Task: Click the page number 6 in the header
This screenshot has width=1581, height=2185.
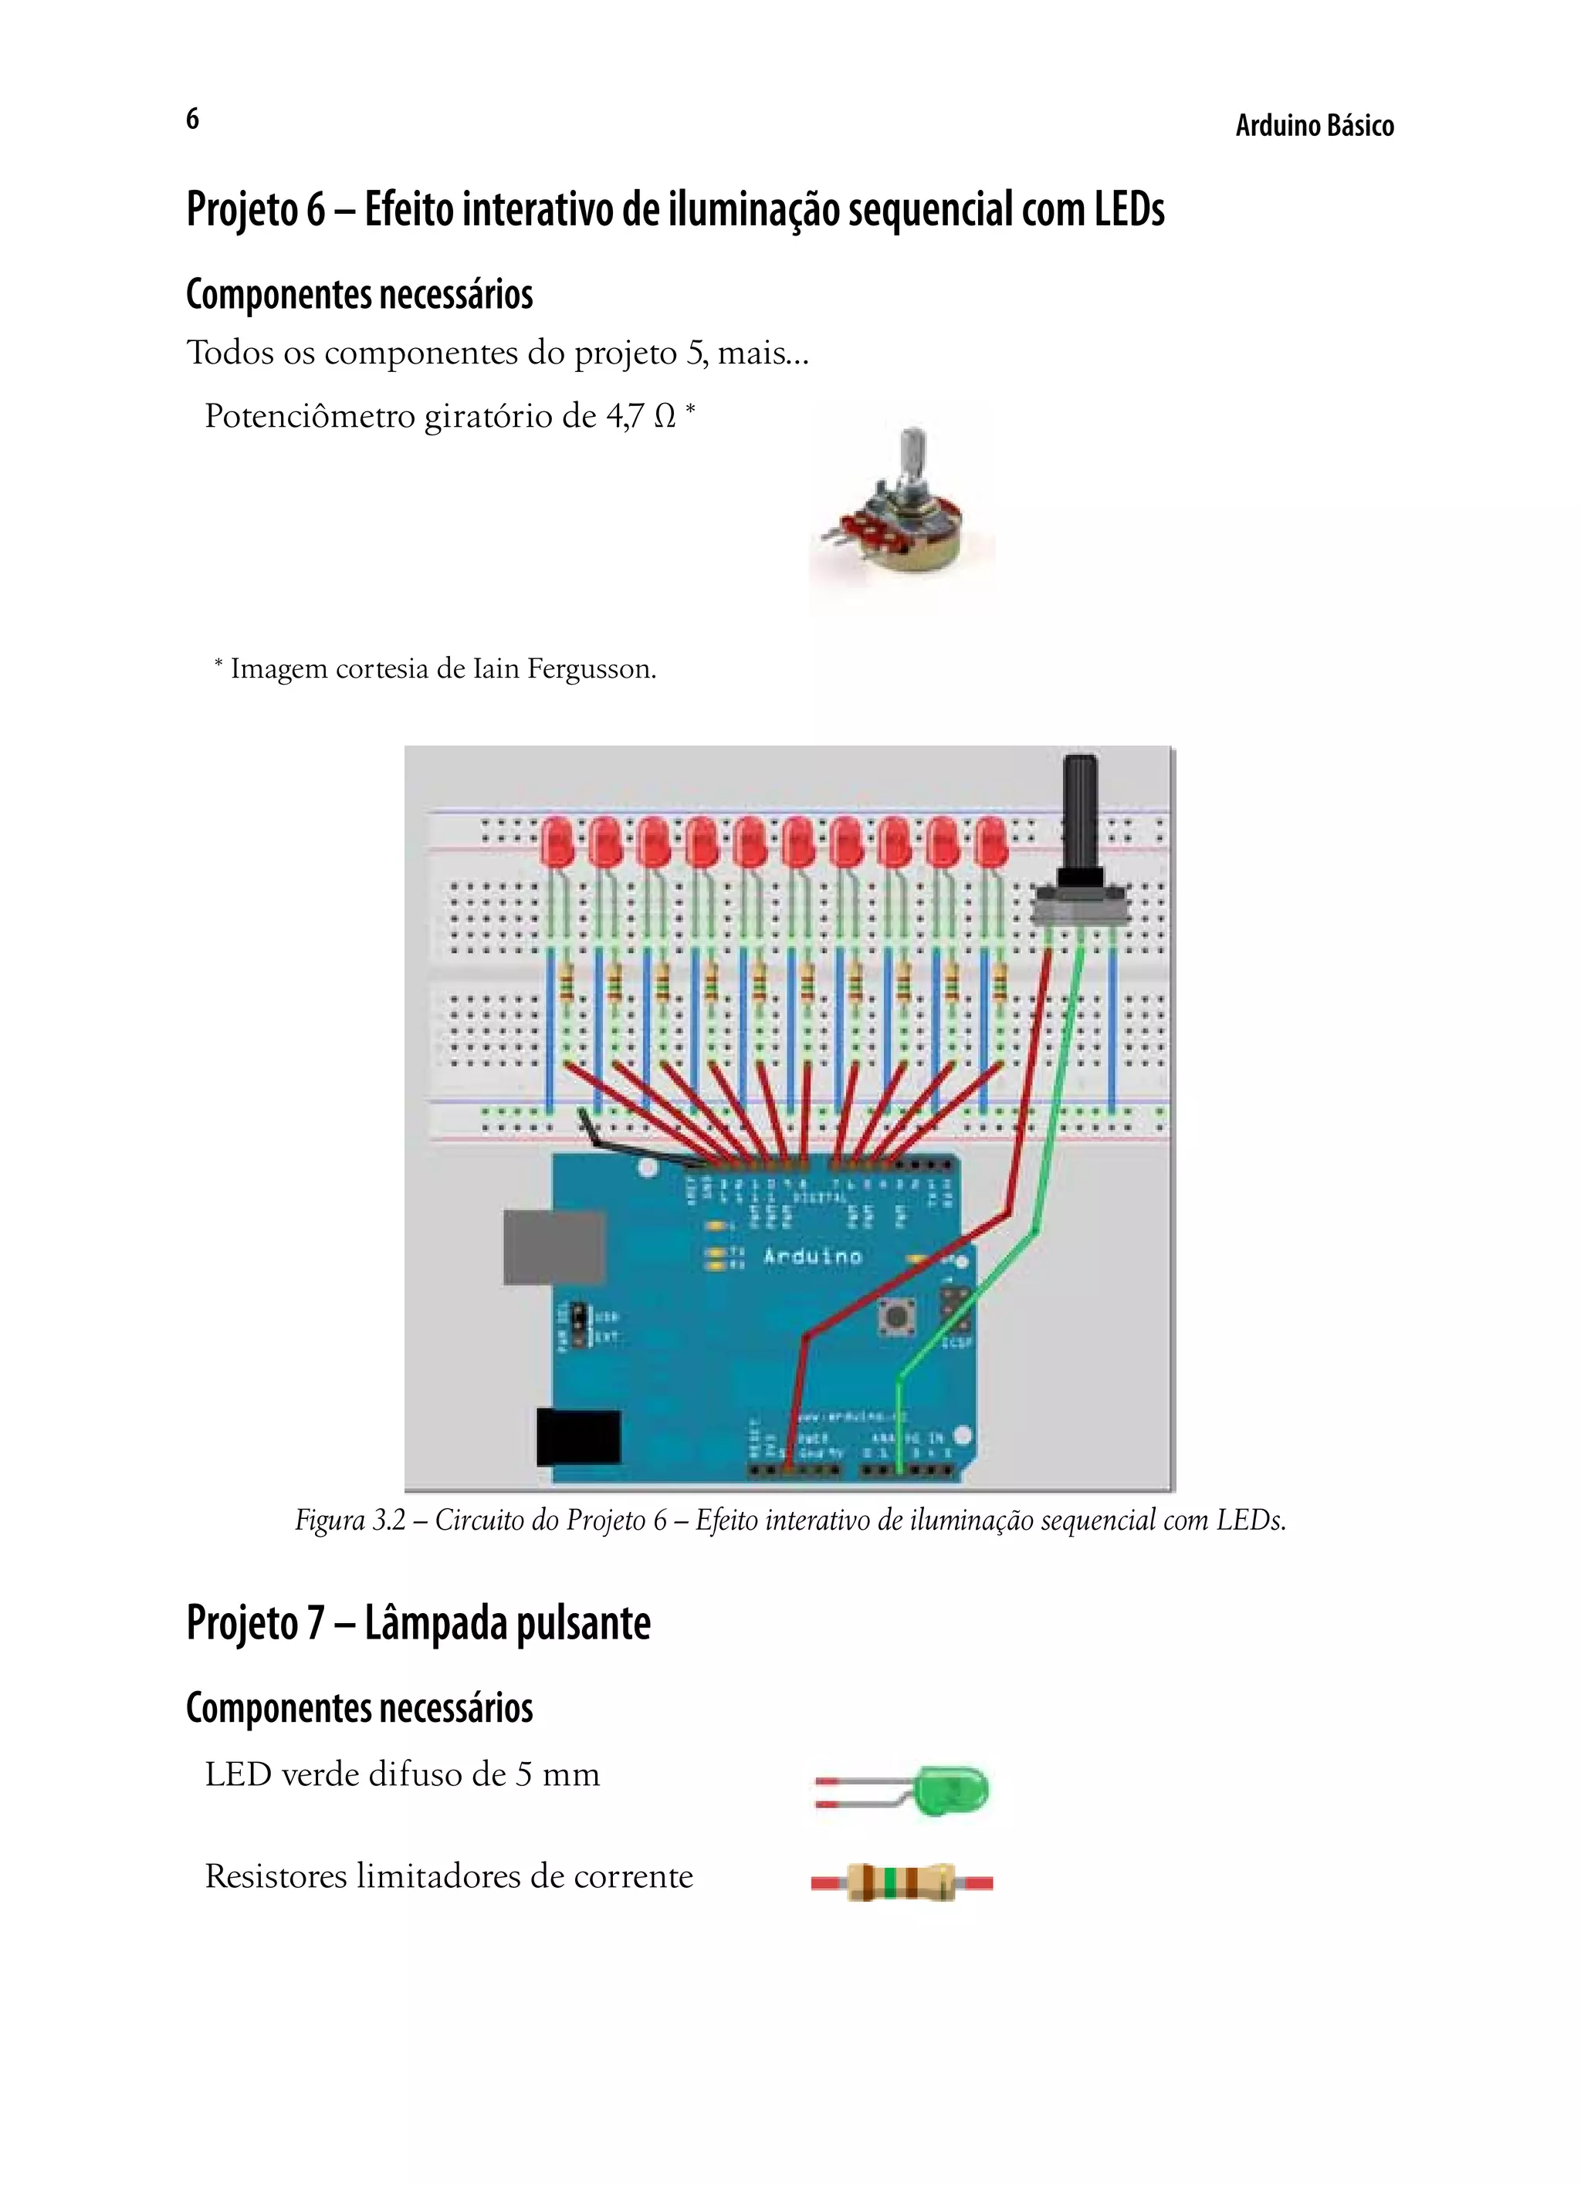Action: [x=193, y=119]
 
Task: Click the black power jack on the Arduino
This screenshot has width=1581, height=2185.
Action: [x=578, y=1436]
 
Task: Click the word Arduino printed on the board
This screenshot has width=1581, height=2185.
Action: [x=812, y=1257]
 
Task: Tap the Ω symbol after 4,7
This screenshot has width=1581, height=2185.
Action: [x=665, y=417]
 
